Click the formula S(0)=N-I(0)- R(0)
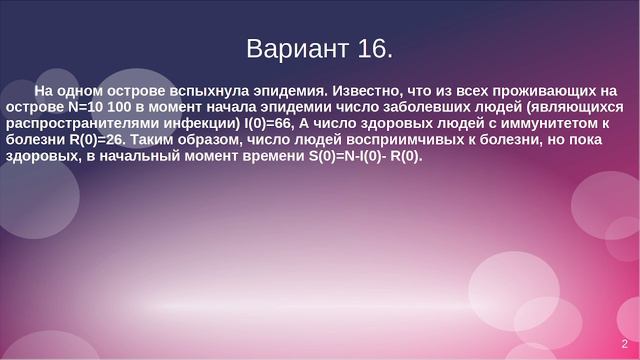pos(366,157)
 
